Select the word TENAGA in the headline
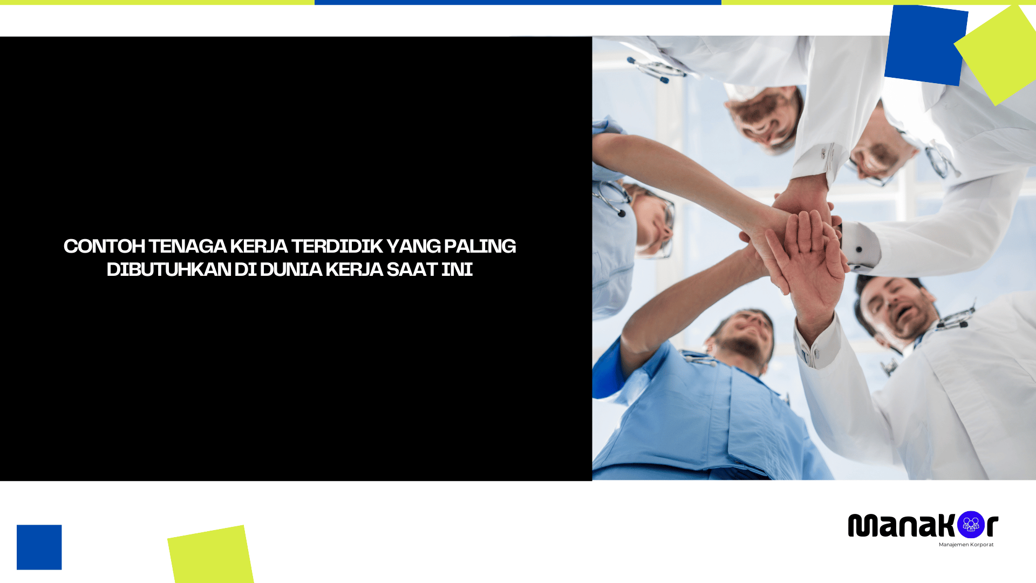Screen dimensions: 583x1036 pos(187,246)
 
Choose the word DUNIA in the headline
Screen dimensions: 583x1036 pos(291,269)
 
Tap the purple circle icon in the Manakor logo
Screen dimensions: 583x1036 pos(971,525)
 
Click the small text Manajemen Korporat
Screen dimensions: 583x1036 pos(966,545)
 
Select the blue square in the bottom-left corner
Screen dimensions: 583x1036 pos(39,547)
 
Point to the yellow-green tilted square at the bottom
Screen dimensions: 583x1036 pos(210,555)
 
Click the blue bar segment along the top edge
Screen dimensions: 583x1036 pos(517,2)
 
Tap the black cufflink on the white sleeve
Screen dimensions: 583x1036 pos(859,249)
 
